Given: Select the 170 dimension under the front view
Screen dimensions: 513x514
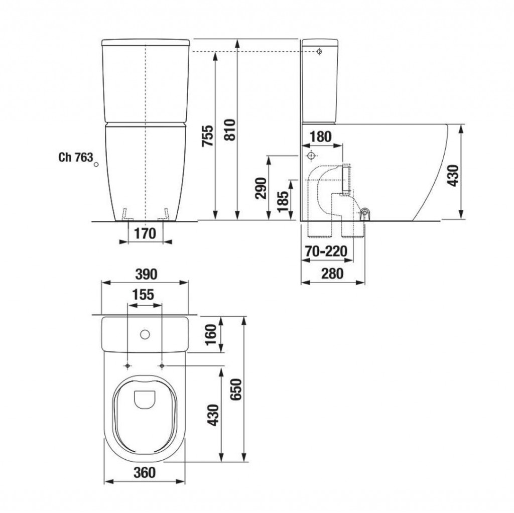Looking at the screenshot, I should [x=146, y=233].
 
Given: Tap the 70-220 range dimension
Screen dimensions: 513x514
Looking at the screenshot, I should [x=326, y=251].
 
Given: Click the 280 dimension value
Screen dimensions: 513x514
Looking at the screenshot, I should [x=332, y=274].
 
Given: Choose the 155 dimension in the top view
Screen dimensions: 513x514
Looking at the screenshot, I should [x=145, y=295].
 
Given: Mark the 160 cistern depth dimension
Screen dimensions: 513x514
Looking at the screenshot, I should [x=211, y=334].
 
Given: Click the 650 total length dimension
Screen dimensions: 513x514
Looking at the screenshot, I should [x=236, y=390].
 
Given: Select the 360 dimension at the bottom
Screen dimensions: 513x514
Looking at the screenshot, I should [x=145, y=472].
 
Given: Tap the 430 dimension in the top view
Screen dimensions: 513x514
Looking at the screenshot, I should [x=213, y=415].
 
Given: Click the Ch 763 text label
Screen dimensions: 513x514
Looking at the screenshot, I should [x=75, y=157].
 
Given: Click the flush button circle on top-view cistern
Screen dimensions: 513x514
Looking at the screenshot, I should [x=146, y=334].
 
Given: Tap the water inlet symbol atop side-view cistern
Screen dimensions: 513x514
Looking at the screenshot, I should [x=319, y=52].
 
